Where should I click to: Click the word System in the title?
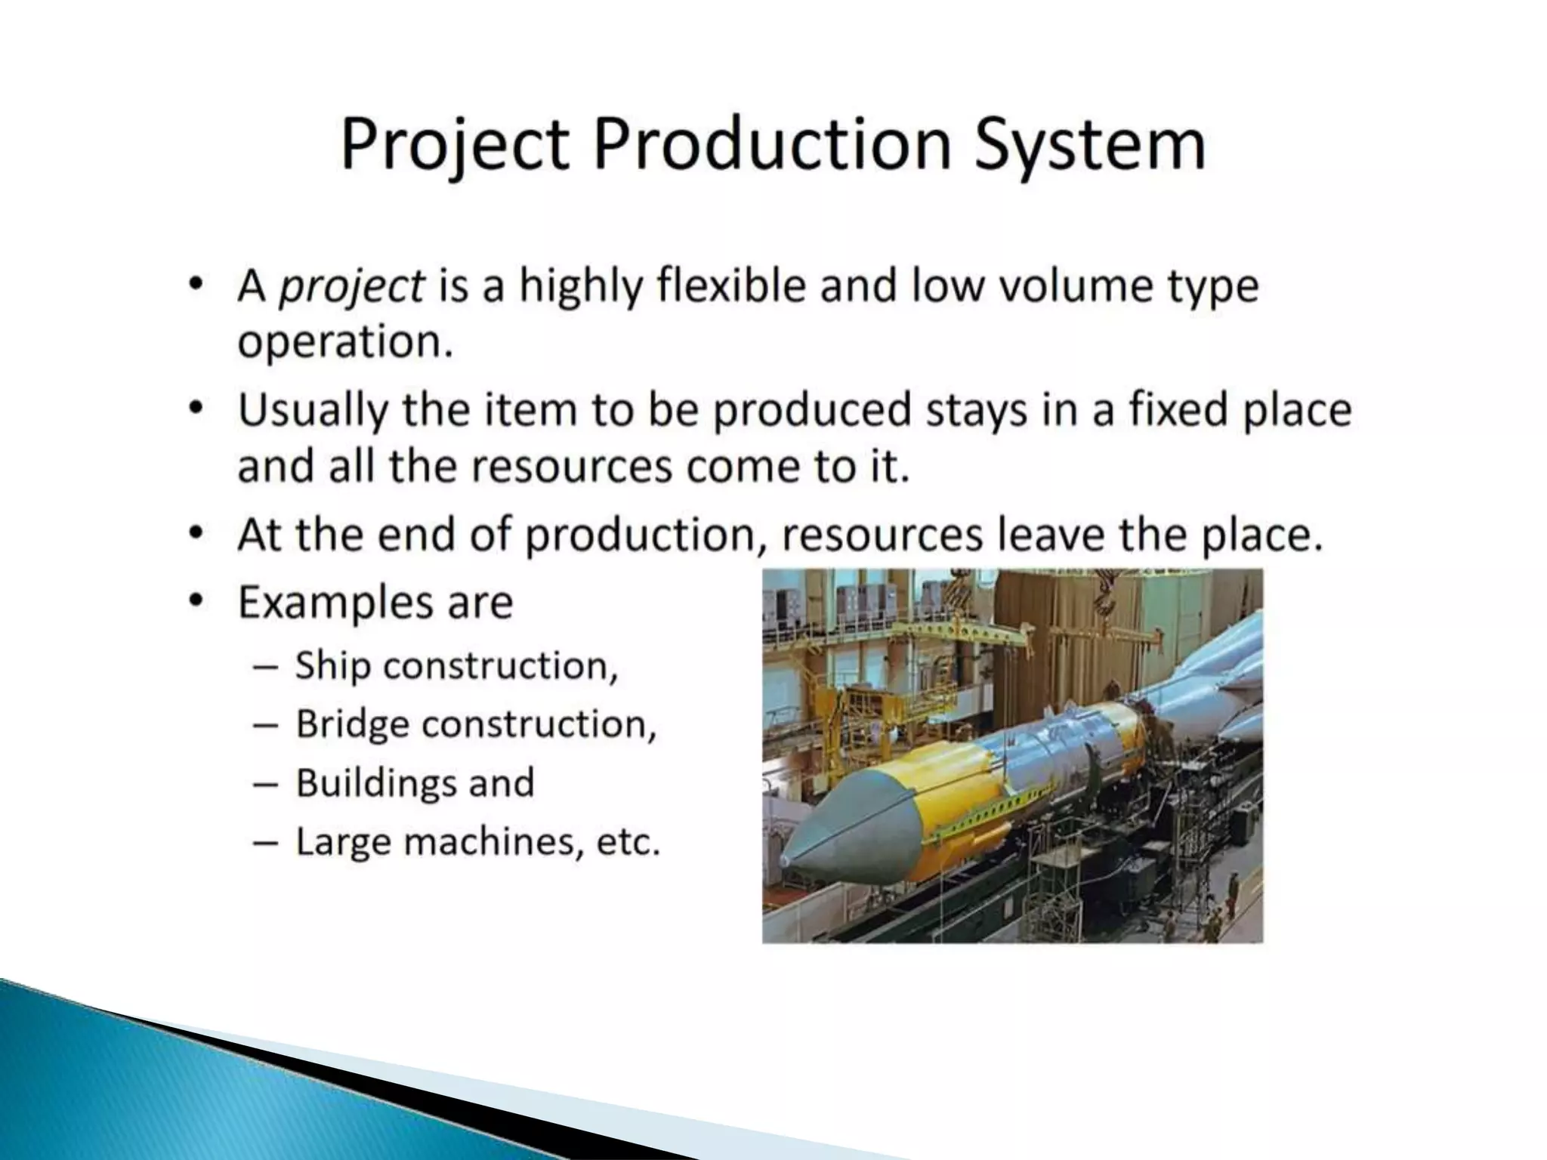tap(1088, 145)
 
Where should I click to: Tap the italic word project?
tap(351, 287)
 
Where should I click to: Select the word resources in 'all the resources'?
tap(572, 466)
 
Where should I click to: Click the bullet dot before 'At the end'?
tap(196, 534)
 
